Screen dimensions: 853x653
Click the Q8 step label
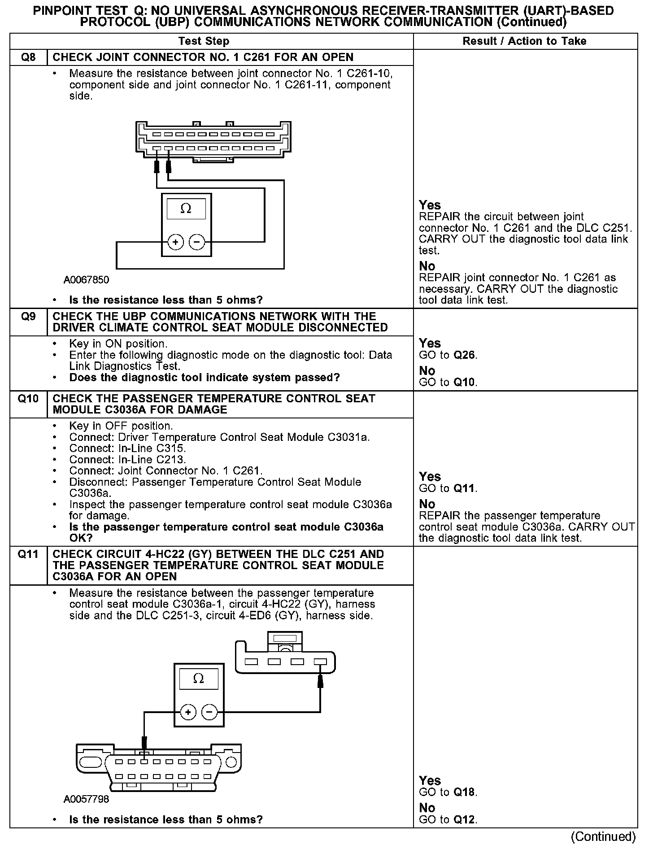pyautogui.click(x=28, y=57)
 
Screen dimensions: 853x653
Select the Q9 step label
pyautogui.click(x=28, y=317)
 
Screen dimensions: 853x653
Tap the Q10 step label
pyautogui.click(x=28, y=399)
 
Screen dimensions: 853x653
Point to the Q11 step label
pyautogui.click(x=28, y=554)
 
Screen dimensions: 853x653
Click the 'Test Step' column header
pyautogui.click(x=204, y=41)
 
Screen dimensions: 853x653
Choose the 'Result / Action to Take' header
pyautogui.click(x=524, y=41)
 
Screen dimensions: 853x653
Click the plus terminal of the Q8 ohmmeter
pyautogui.click(x=175, y=243)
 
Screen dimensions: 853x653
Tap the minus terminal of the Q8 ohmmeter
pyautogui.click(x=197, y=243)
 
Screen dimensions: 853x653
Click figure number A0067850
pyautogui.click(x=86, y=280)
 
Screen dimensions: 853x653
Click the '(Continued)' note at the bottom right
pyautogui.click(x=603, y=836)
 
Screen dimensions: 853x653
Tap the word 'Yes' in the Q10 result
pyautogui.click(x=430, y=476)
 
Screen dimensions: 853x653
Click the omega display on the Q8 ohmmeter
pyautogui.click(x=186, y=209)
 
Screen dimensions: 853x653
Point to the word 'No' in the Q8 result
pyautogui.click(x=427, y=266)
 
